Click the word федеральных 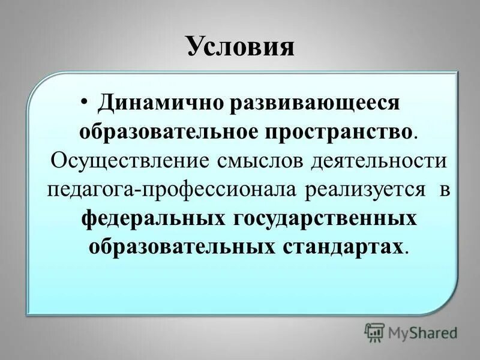pyautogui.click(x=152, y=218)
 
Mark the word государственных pyautogui.click(x=323, y=218)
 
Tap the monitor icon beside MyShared pyautogui.click(x=375, y=332)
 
